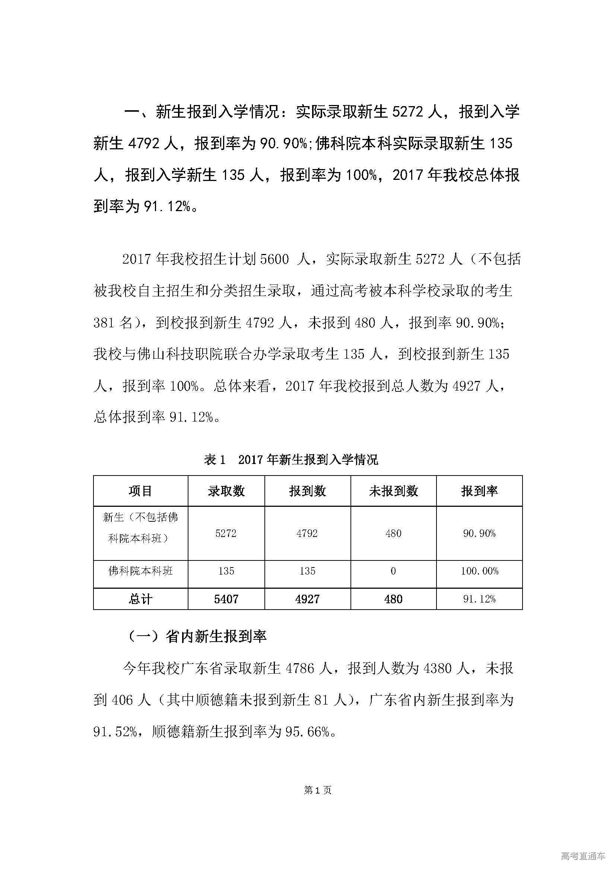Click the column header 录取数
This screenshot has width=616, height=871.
pyautogui.click(x=226, y=491)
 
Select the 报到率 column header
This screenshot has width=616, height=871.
pyautogui.click(x=479, y=491)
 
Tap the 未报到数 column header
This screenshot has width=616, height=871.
pyautogui.click(x=393, y=491)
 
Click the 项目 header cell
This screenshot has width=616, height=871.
pyautogui.click(x=140, y=491)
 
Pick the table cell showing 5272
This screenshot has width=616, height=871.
pyautogui.click(x=226, y=533)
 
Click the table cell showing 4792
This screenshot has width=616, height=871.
pyautogui.click(x=307, y=533)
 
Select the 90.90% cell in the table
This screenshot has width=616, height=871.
pyautogui.click(x=479, y=533)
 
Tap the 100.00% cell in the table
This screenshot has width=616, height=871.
pyautogui.click(x=479, y=571)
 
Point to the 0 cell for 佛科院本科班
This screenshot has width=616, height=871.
pyautogui.click(x=393, y=571)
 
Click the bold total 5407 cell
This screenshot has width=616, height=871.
pyautogui.click(x=226, y=599)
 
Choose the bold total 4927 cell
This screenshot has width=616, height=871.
pyautogui.click(x=307, y=599)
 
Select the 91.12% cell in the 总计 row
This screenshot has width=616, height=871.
pyautogui.click(x=479, y=599)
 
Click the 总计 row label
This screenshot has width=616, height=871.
pyautogui.click(x=140, y=599)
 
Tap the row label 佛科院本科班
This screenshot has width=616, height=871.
pyautogui.click(x=140, y=571)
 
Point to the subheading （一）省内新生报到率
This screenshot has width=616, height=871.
pyautogui.click(x=197, y=636)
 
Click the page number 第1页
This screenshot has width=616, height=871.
pyautogui.click(x=318, y=790)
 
